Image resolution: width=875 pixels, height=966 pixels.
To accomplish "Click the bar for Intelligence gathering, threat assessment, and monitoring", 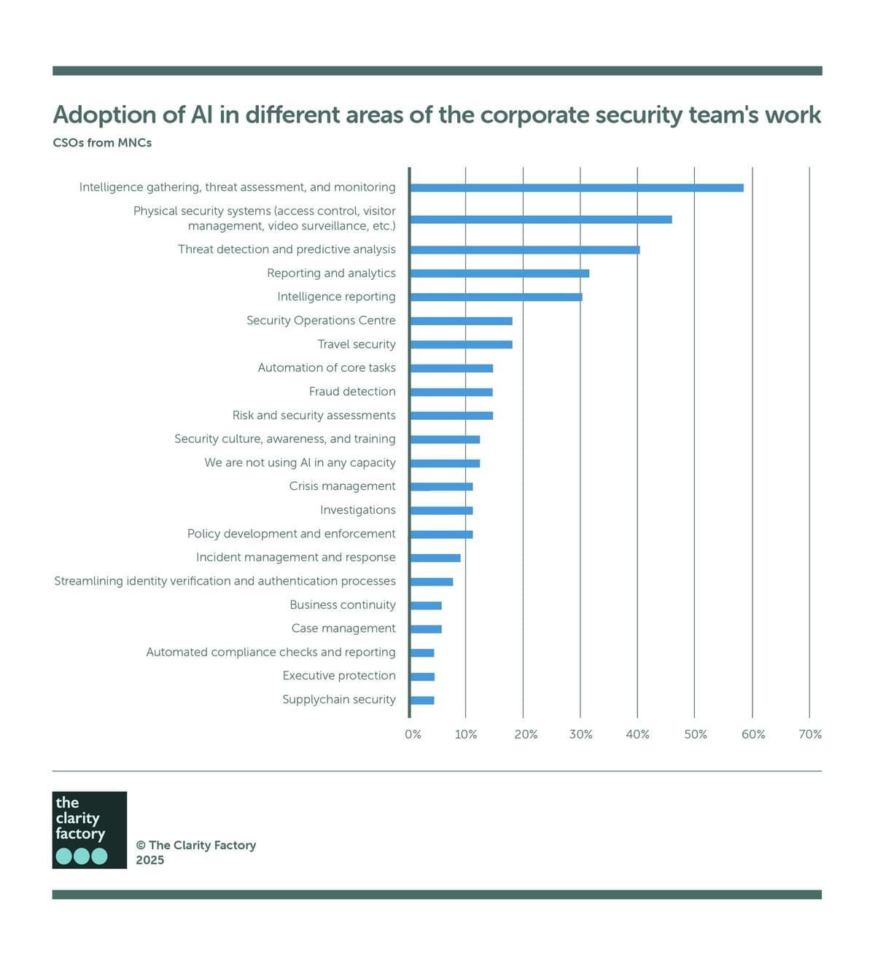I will click(576, 188).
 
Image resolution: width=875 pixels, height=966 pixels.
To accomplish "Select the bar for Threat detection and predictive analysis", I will click(524, 250).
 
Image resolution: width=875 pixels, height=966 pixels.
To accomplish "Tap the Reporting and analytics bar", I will click(499, 273).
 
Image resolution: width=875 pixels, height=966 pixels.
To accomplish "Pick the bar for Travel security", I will click(461, 345).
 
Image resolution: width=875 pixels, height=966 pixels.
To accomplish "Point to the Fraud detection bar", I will click(451, 392).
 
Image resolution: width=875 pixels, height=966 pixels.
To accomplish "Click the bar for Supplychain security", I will click(422, 701).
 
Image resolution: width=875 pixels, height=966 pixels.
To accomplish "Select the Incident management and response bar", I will click(435, 558).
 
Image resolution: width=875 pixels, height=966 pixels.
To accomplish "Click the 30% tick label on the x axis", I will click(580, 735).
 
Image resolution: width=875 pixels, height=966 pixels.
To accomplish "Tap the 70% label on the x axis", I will click(810, 735).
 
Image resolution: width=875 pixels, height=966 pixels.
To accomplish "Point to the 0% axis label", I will click(413, 735).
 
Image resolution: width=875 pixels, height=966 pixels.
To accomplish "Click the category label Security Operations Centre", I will click(321, 321).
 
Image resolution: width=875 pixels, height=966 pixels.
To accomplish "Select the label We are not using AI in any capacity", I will click(300, 463).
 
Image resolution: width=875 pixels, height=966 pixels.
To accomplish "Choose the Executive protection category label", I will click(339, 676).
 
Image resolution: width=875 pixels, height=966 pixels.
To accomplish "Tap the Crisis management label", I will click(342, 486).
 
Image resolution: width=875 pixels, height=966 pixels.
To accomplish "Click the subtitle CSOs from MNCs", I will click(102, 143).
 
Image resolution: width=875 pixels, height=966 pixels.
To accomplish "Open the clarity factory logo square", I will click(90, 830).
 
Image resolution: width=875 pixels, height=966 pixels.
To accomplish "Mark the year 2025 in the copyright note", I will click(150, 860).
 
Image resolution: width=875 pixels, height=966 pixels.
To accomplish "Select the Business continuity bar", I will click(426, 606).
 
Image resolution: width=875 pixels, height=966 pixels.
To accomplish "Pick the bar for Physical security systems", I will click(540, 219).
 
